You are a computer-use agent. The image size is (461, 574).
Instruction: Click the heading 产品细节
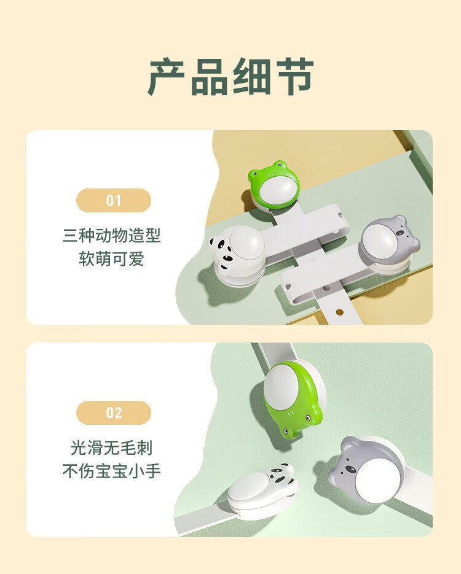(x=230, y=77)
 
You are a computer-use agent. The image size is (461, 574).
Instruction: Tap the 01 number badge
(x=114, y=200)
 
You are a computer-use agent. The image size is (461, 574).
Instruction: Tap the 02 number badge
(x=114, y=413)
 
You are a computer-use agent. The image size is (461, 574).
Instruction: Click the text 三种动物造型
(x=112, y=235)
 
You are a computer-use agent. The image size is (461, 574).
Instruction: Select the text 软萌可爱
(x=112, y=258)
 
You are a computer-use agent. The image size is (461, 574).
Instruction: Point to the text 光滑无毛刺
(x=112, y=448)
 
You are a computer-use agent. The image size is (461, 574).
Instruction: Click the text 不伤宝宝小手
(x=112, y=471)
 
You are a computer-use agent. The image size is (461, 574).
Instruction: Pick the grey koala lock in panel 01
(x=390, y=244)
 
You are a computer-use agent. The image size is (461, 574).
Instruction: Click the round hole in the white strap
(x=339, y=312)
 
